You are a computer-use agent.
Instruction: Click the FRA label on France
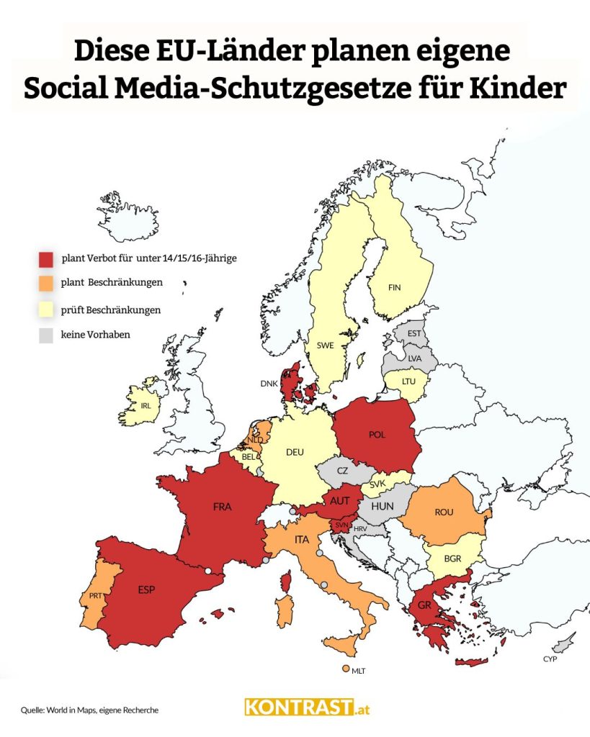223,507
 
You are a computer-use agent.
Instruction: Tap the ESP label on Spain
146,589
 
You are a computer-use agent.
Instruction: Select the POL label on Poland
377,435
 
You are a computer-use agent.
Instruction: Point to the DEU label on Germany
295,452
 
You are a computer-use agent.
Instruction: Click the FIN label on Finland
394,287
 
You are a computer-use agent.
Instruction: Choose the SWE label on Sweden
325,345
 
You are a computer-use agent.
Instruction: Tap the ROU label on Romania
444,512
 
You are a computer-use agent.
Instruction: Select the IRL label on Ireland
146,405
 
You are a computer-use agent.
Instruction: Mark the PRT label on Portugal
97,596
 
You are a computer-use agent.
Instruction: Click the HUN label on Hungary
383,506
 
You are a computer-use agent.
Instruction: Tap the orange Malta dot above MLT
347,669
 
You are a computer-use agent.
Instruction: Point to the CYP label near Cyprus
550,659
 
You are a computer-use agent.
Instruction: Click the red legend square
47,258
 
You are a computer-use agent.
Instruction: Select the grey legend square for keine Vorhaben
47,335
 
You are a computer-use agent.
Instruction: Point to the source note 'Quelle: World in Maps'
89,710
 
